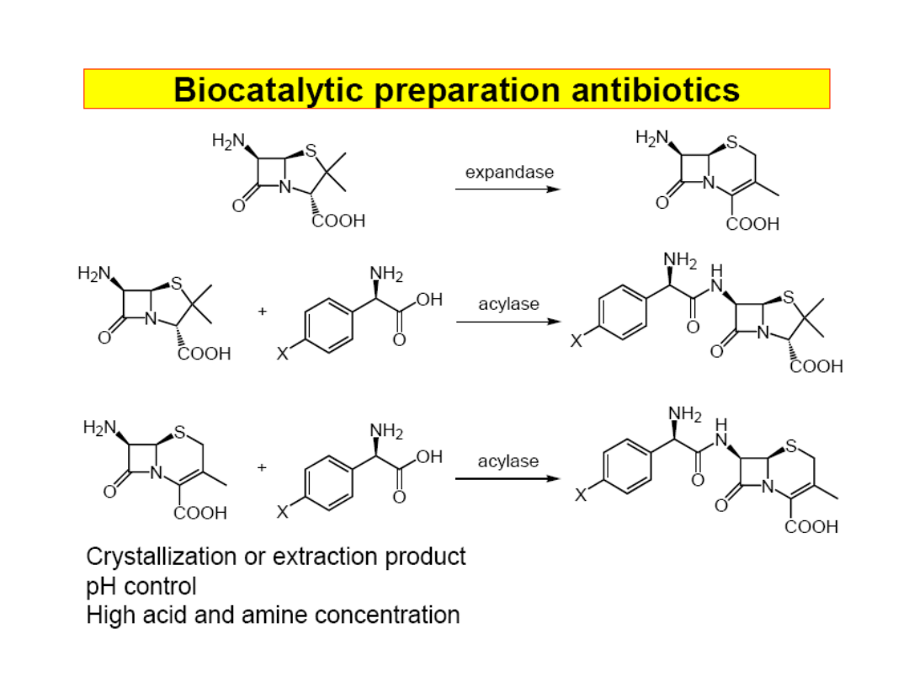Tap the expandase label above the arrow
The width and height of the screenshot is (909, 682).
pos(509,172)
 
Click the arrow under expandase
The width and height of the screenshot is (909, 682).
pos(508,189)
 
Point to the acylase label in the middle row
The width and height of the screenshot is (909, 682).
pos(508,304)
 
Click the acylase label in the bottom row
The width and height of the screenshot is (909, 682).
pos(508,461)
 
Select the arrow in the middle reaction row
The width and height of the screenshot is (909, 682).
pos(508,322)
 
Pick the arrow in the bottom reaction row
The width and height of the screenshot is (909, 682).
pos(508,478)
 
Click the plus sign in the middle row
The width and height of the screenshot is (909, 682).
pos(263,312)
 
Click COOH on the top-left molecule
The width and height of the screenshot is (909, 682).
pos(338,221)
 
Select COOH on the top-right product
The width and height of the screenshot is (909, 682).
pos(752,224)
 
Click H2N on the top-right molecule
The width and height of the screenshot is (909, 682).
pos(651,136)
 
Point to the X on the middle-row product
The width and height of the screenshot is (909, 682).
pos(576,341)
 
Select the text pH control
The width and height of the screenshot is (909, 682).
pos(141,585)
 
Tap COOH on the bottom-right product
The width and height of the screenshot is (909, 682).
pos(811,527)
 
